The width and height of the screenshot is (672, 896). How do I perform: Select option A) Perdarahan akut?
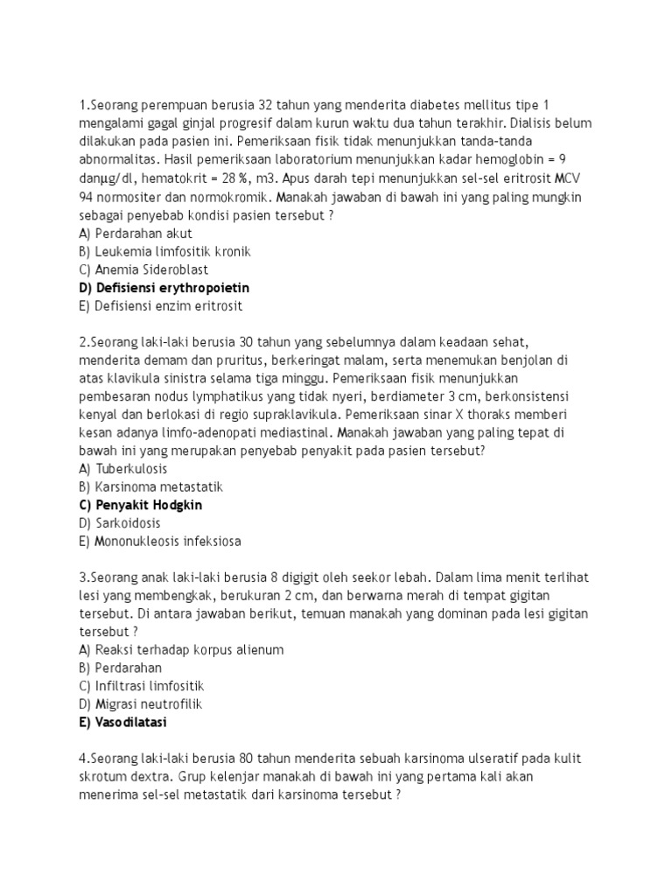pos(135,234)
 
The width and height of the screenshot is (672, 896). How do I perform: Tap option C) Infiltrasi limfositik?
pos(142,686)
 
